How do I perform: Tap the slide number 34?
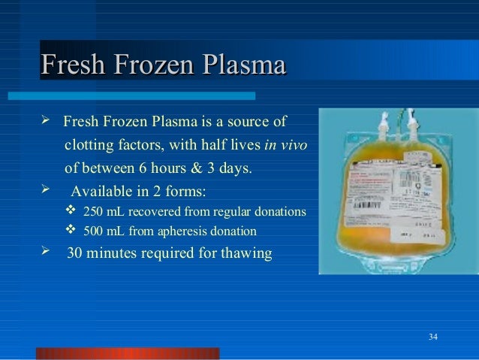tap(432, 334)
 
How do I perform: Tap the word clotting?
tap(88, 144)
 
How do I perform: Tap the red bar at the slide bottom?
tap(128, 353)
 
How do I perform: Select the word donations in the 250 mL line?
tap(280, 211)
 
